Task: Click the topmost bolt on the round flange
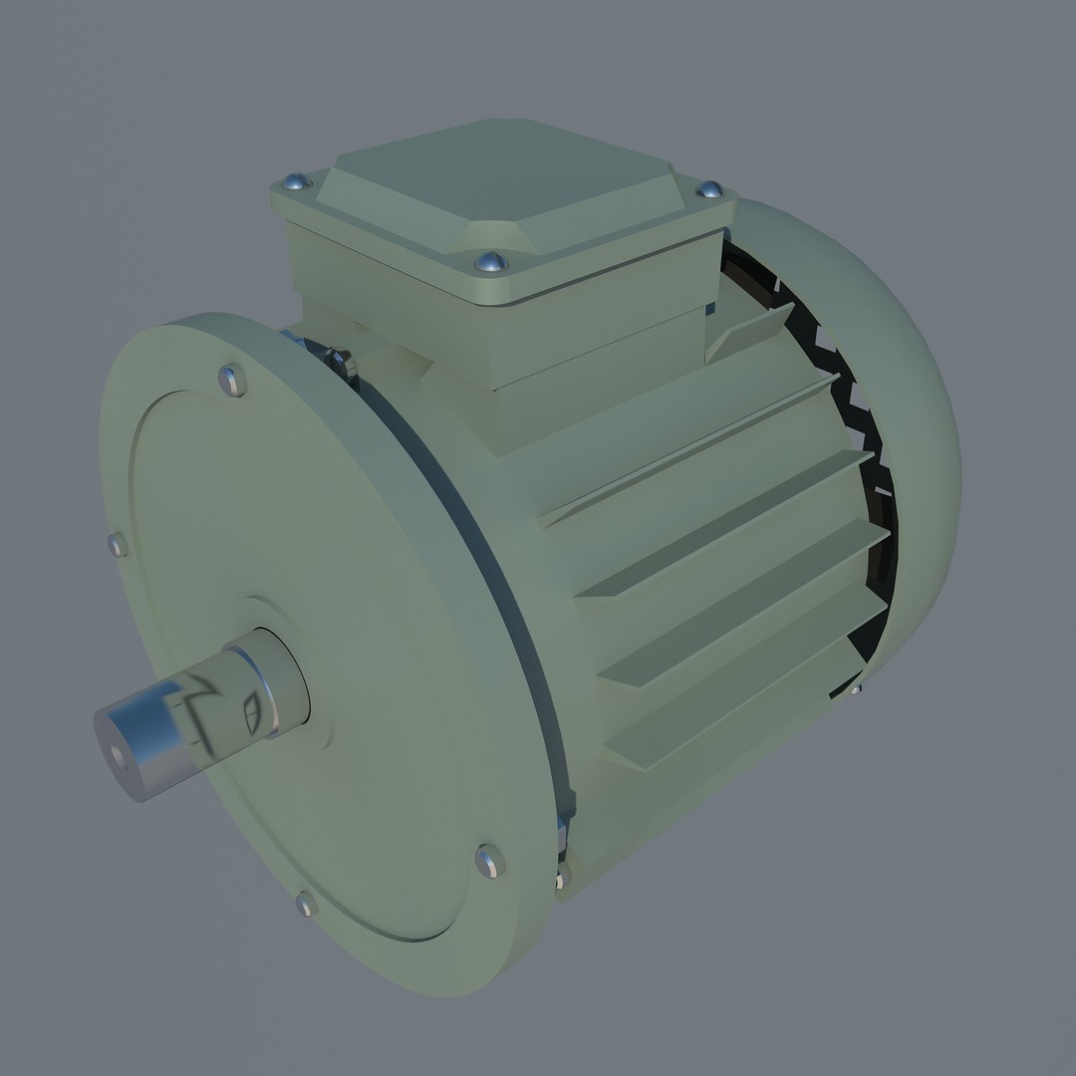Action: coord(231,379)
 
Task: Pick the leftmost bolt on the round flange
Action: coord(118,545)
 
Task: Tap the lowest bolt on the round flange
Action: coord(305,904)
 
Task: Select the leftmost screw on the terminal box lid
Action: coord(294,182)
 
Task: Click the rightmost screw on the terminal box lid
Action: coord(711,189)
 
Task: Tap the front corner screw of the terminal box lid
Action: coord(490,261)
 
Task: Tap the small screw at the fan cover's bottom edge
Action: coord(856,687)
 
